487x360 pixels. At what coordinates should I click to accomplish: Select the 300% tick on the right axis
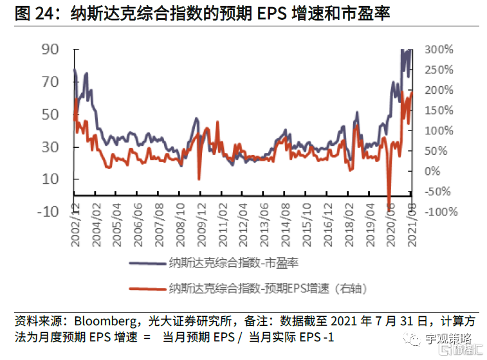pyautogui.click(x=439, y=50)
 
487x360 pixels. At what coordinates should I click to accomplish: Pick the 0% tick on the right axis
pyautogui.click(x=432, y=171)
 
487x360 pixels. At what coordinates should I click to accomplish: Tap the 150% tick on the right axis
pyautogui.click(x=439, y=111)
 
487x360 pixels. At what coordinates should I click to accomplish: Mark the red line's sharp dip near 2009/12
pyautogui.click(x=199, y=179)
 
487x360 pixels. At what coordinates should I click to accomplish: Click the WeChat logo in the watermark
pyautogui.click(x=412, y=337)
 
